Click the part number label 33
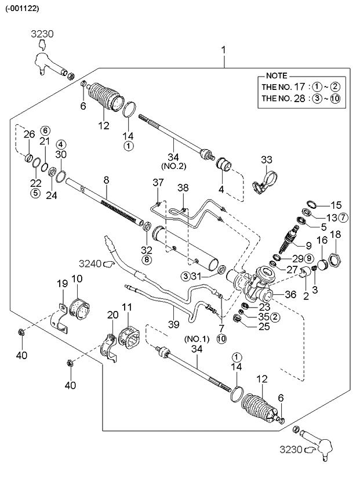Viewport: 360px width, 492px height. point(266,160)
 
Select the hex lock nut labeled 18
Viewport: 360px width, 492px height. point(336,259)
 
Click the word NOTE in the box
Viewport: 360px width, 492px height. point(276,76)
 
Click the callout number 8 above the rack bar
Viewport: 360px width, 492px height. point(106,180)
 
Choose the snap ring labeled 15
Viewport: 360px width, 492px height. point(310,205)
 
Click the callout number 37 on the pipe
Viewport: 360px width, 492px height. point(158,183)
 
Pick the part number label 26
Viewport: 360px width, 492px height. point(29,135)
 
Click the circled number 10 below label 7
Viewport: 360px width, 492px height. point(221,338)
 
